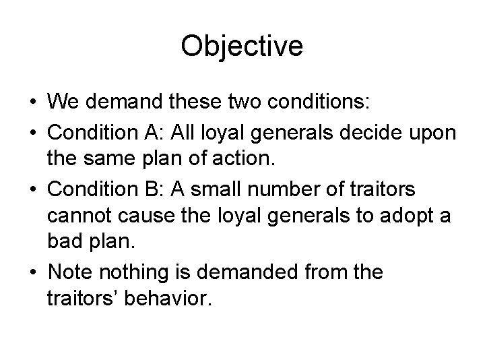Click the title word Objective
point(243,47)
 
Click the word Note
point(72,273)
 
